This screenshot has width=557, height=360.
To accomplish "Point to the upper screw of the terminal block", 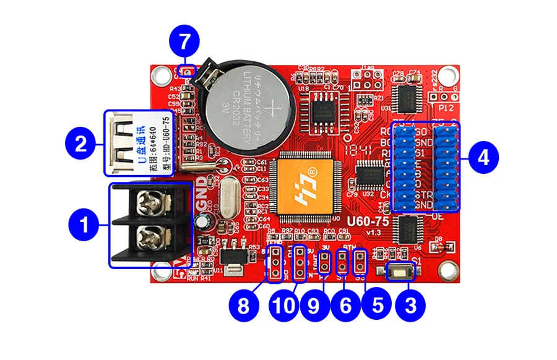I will pos(150,200).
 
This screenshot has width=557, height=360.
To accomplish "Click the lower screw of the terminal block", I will pos(150,236).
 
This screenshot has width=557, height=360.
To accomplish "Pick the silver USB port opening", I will pos(121,142).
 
